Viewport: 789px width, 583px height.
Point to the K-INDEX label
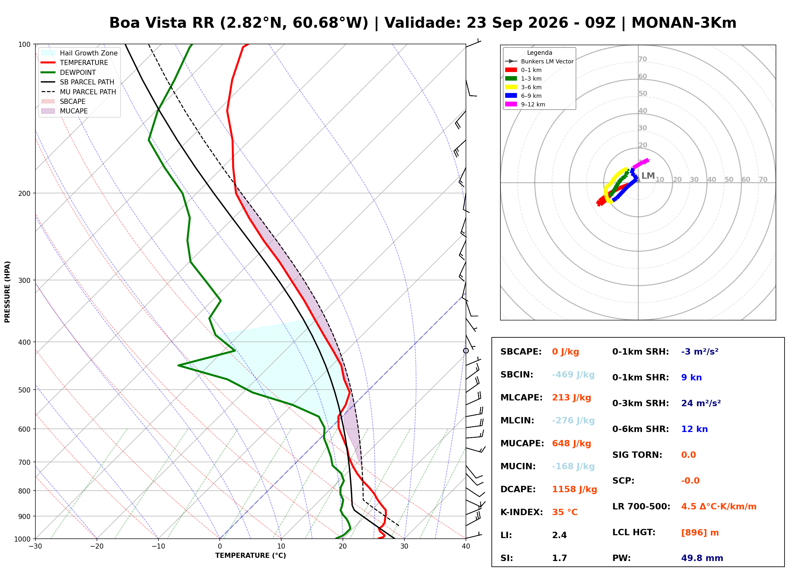tap(521, 512)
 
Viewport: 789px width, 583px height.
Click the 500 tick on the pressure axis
tap(24, 390)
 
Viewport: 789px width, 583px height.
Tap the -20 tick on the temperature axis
tap(97, 546)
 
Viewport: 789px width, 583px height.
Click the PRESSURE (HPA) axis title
tap(7, 292)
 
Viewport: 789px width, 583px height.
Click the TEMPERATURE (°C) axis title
tap(250, 556)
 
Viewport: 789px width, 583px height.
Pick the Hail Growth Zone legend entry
tap(79, 53)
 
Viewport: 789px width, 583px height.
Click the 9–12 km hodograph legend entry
tap(525, 104)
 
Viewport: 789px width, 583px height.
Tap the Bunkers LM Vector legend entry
tap(539, 61)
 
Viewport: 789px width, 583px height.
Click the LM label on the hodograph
tap(648, 176)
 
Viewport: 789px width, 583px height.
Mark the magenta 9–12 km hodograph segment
tap(641, 163)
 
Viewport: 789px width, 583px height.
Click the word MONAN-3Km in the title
tap(684, 23)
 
